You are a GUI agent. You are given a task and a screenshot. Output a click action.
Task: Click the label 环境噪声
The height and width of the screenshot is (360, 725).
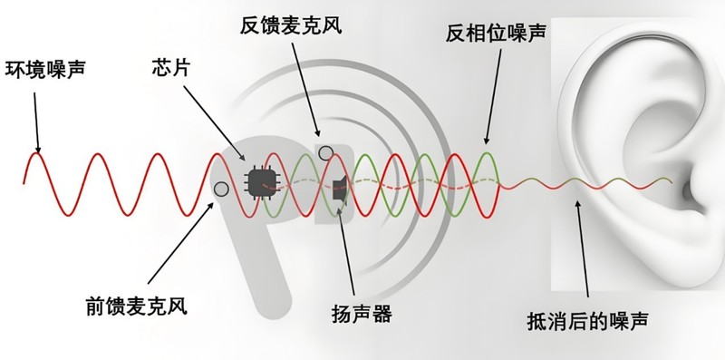[46, 68]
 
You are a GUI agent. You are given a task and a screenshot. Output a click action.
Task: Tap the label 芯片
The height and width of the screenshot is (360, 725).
[172, 68]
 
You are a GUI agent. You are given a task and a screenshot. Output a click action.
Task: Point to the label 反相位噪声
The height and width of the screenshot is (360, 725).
[496, 35]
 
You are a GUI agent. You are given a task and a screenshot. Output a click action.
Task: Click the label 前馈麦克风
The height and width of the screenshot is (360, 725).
[131, 306]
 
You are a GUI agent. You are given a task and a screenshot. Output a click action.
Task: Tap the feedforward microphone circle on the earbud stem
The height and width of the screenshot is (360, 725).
[220, 189]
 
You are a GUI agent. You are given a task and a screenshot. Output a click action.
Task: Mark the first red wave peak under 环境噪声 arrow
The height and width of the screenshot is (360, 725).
[35, 154]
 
